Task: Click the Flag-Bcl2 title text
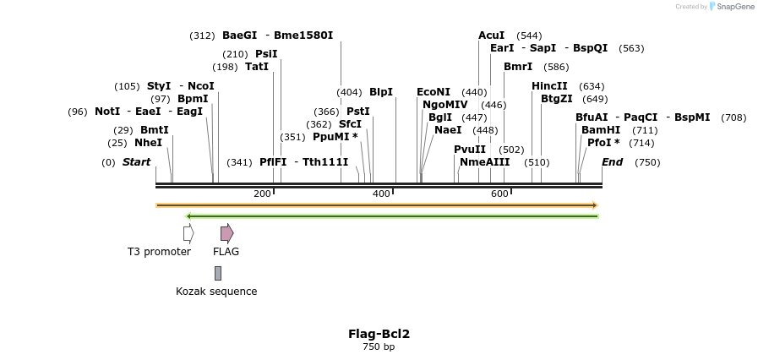379,334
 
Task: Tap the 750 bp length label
379,346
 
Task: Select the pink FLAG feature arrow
226,233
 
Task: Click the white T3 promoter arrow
188,233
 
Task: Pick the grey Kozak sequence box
218,273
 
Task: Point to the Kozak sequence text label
216,292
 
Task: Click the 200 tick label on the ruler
262,194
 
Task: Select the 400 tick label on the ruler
381,194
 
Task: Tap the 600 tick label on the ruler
499,194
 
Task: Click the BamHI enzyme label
601,130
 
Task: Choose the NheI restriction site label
148,143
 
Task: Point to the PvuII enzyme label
470,150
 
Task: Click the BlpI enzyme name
381,92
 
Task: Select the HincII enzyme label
549,86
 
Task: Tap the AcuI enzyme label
491,35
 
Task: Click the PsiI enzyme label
266,54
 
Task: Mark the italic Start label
136,162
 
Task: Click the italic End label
612,162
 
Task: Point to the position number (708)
733,117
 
